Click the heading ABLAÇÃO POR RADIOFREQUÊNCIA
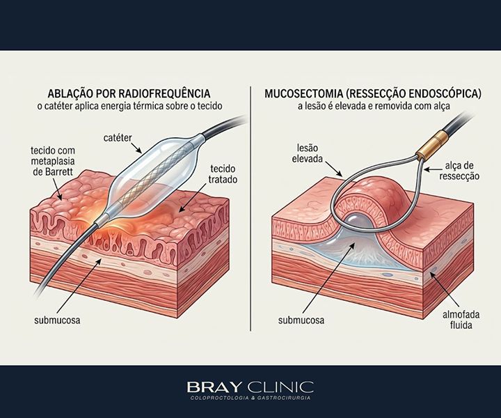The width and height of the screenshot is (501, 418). click(129, 93)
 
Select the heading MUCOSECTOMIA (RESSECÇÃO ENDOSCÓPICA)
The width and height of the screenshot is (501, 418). click(373, 93)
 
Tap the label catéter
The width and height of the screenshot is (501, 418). click(118, 138)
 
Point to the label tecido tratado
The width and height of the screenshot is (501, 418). click(223, 174)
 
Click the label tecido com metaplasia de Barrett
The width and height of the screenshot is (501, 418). click(53, 161)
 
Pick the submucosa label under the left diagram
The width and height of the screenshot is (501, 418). click(57, 320)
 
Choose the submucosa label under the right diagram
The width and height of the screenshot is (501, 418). click(301, 320)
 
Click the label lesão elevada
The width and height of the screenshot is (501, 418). click(308, 153)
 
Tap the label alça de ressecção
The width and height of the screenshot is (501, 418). click(459, 171)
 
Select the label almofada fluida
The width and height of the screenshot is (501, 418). click(461, 320)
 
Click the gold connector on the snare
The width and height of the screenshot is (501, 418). click(436, 144)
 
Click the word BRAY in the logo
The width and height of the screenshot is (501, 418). click(214, 387)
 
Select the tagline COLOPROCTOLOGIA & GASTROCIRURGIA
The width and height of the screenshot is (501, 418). click(250, 398)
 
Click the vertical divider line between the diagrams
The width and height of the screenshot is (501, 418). click(250, 208)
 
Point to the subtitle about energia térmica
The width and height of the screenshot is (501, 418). click(129, 106)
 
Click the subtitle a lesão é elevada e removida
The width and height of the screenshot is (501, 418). click(374, 106)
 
